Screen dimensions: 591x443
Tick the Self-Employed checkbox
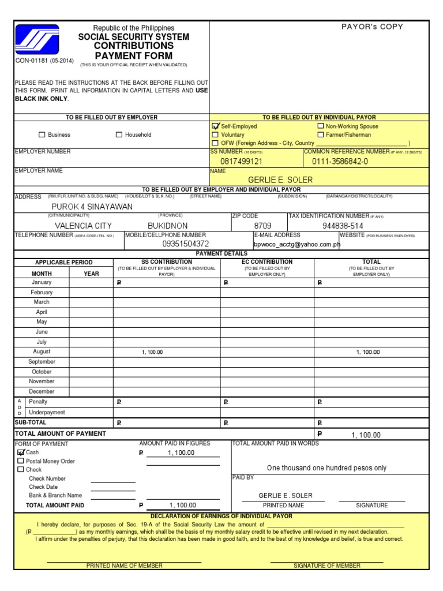click(216, 126)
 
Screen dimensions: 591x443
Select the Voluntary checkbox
click(216, 134)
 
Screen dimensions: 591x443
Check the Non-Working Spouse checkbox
click(321, 126)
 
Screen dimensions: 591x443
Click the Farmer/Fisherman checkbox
click(321, 134)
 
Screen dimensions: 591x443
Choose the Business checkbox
click(42, 135)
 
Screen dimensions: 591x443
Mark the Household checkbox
click(119, 135)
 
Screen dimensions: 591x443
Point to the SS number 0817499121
click(241, 162)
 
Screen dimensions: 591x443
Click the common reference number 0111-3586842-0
click(340, 162)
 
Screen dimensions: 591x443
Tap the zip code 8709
click(262, 226)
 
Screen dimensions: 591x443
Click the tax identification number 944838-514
click(343, 226)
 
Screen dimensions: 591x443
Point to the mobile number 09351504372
click(178, 244)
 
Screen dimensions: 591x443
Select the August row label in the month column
click(42, 351)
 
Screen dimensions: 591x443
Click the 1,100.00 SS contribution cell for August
click(152, 352)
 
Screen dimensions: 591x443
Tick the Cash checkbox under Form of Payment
click(21, 452)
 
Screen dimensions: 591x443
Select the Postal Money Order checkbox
click(21, 461)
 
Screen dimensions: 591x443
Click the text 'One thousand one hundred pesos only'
click(326, 468)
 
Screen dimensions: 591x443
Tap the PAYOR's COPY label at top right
click(372, 27)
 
